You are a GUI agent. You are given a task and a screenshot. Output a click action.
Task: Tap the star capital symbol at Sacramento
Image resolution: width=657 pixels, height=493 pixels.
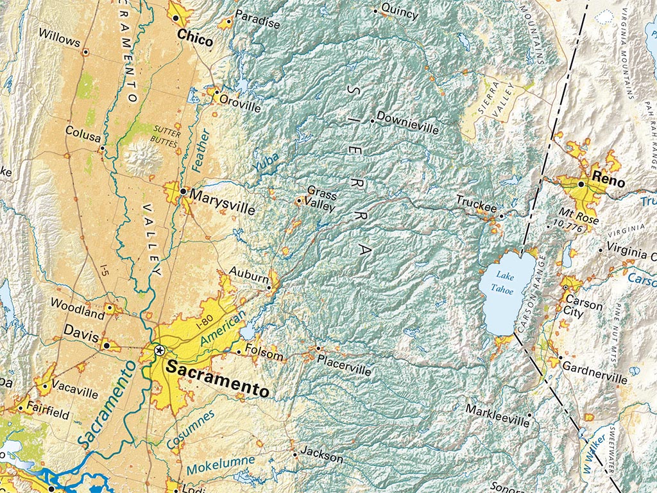(160, 350)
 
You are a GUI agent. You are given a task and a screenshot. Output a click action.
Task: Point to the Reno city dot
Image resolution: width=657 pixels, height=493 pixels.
(581, 184)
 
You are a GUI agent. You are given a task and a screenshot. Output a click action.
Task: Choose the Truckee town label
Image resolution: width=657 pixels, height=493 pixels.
(476, 207)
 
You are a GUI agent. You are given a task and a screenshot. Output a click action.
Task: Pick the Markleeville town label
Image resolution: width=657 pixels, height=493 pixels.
(497, 415)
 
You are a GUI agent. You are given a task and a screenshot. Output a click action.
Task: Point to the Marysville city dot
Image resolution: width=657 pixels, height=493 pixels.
(183, 191)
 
